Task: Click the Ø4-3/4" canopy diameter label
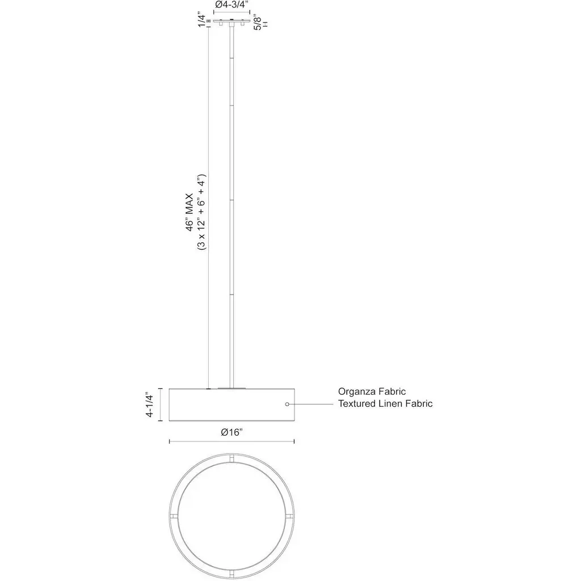[x=231, y=5]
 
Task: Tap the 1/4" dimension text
[x=201, y=20]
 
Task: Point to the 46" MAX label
[x=190, y=212]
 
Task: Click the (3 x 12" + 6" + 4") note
[x=201, y=212]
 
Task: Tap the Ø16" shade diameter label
[x=231, y=432]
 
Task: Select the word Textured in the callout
[x=356, y=403]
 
